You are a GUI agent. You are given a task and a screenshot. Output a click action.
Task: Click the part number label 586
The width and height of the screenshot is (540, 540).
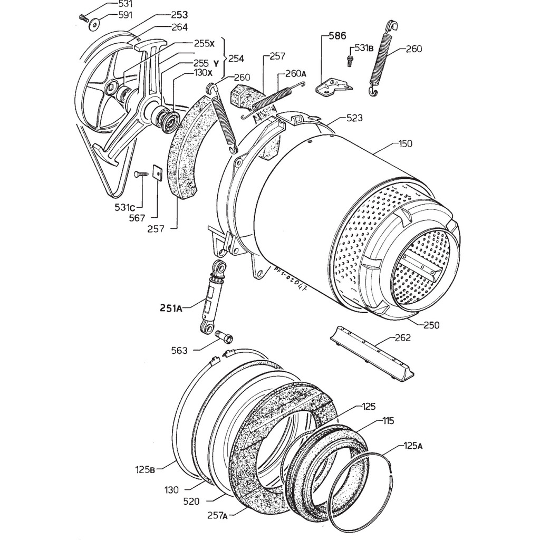pos(337,36)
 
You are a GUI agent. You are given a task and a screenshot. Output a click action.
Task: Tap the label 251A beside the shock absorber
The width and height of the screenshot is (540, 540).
pos(171,308)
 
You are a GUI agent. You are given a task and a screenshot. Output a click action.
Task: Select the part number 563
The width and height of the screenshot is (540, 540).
pos(179,350)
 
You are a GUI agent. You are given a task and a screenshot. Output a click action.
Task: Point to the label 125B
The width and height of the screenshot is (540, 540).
pos(144,469)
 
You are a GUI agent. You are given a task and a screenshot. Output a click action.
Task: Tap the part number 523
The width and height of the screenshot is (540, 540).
pos(354,119)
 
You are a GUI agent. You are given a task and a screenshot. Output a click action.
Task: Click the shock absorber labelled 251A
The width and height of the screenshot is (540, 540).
pos(212,296)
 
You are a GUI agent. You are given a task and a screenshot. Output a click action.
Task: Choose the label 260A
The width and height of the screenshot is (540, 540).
pos(296,73)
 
